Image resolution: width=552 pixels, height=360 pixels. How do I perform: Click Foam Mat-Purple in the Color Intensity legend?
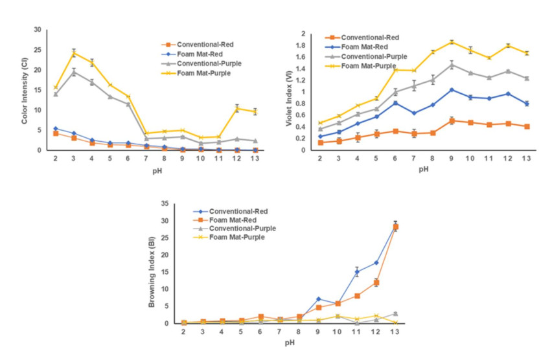coord(201,73)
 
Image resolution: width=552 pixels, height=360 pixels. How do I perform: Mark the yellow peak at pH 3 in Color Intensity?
coord(74,52)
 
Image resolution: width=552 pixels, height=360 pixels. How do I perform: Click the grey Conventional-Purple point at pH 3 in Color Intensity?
coord(74,72)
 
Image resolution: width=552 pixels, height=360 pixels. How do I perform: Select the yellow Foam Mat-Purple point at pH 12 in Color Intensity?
coord(237,109)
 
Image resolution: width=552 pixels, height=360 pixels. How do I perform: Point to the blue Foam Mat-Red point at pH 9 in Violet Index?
coord(452,89)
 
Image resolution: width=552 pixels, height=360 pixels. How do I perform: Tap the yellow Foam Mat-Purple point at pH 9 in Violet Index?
coord(452,42)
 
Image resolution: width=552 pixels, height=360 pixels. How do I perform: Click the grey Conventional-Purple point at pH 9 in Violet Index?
coord(452,64)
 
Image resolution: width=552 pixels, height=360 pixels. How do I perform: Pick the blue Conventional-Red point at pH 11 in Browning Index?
coord(356,272)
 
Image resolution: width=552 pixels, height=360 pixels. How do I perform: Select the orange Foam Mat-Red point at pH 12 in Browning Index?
coord(375,282)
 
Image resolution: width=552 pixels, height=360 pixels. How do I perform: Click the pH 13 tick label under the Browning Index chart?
coord(395,331)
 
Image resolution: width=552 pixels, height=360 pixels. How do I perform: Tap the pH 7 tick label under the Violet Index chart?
coord(414,158)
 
